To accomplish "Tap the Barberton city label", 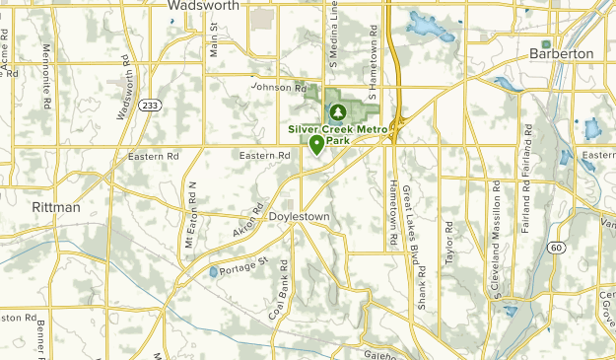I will point(561,53).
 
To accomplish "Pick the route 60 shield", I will point(559,248).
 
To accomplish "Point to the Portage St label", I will point(242,267).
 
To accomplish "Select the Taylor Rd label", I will point(448,241).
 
